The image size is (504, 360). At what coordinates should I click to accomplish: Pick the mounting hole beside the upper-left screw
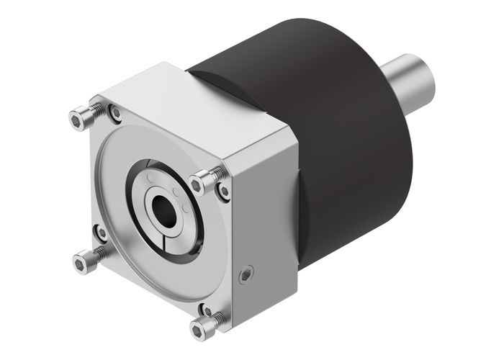tap(114, 112)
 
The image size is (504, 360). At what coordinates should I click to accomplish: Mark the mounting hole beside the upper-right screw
tap(225, 192)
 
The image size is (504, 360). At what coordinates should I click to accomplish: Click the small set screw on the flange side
tap(247, 275)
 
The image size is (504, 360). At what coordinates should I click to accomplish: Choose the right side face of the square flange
tap(266, 209)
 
